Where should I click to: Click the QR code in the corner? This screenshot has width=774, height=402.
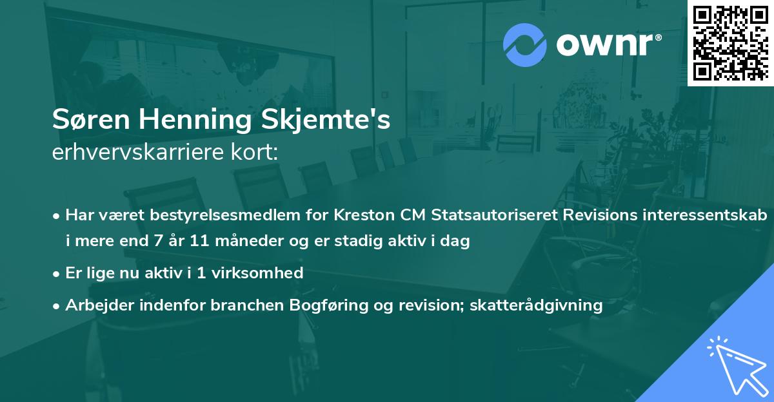tap(730, 42)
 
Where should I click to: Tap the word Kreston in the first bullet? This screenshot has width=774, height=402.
tap(361, 215)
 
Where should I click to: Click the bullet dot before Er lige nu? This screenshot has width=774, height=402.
tap(57, 273)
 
